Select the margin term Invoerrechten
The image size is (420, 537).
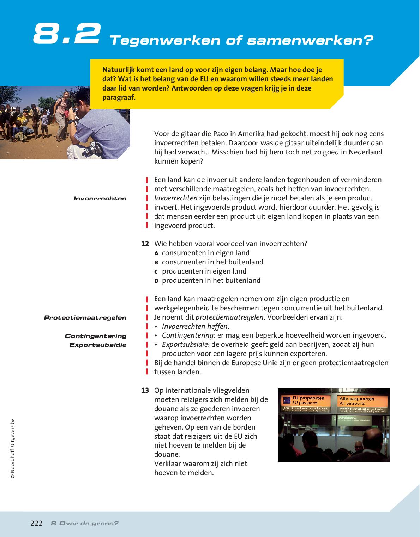coord(100,199)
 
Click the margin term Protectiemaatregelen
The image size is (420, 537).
coord(85,318)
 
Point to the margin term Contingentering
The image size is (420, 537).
coord(95,336)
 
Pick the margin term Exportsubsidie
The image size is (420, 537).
coord(98,345)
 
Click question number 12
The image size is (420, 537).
coord(145,244)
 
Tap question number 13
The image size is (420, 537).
coord(145,391)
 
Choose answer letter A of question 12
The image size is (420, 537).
coord(156,253)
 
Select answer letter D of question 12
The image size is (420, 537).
coord(156,281)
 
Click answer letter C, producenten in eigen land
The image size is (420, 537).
coord(156,272)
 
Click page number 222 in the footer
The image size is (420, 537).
coord(36,524)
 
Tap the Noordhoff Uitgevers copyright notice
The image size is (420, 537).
coord(12,449)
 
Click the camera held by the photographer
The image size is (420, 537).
coord(92,148)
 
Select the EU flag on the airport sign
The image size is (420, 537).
coord(287,401)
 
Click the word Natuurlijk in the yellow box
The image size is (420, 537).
coord(118,70)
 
